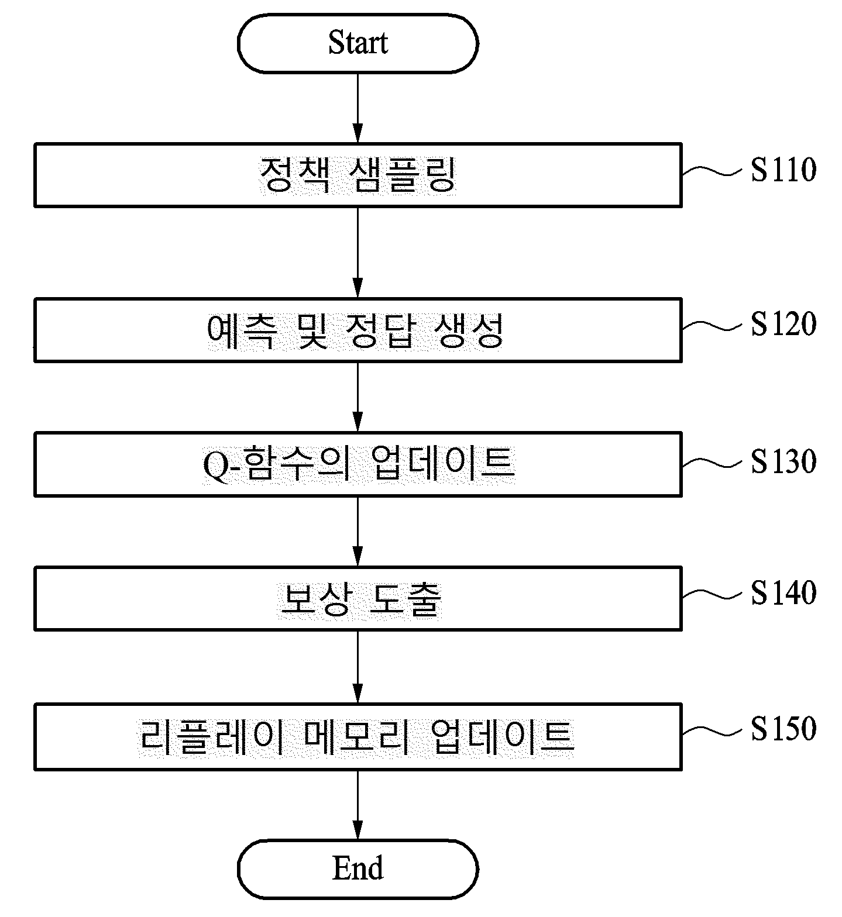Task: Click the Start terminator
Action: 358,43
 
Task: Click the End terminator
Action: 358,869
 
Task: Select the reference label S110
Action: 783,170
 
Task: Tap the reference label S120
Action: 783,324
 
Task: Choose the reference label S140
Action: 783,593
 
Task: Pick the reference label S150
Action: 783,729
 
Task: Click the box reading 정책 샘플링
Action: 358,175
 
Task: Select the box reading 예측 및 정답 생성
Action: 358,330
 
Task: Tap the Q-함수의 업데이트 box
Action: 358,464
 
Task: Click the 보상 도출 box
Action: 358,598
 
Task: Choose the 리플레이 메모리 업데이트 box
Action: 358,736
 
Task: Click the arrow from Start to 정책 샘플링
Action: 358,108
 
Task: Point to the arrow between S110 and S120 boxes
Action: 358,252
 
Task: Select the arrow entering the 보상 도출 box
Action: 358,531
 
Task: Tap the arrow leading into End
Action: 358,805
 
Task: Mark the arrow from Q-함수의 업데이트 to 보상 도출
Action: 358,531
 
